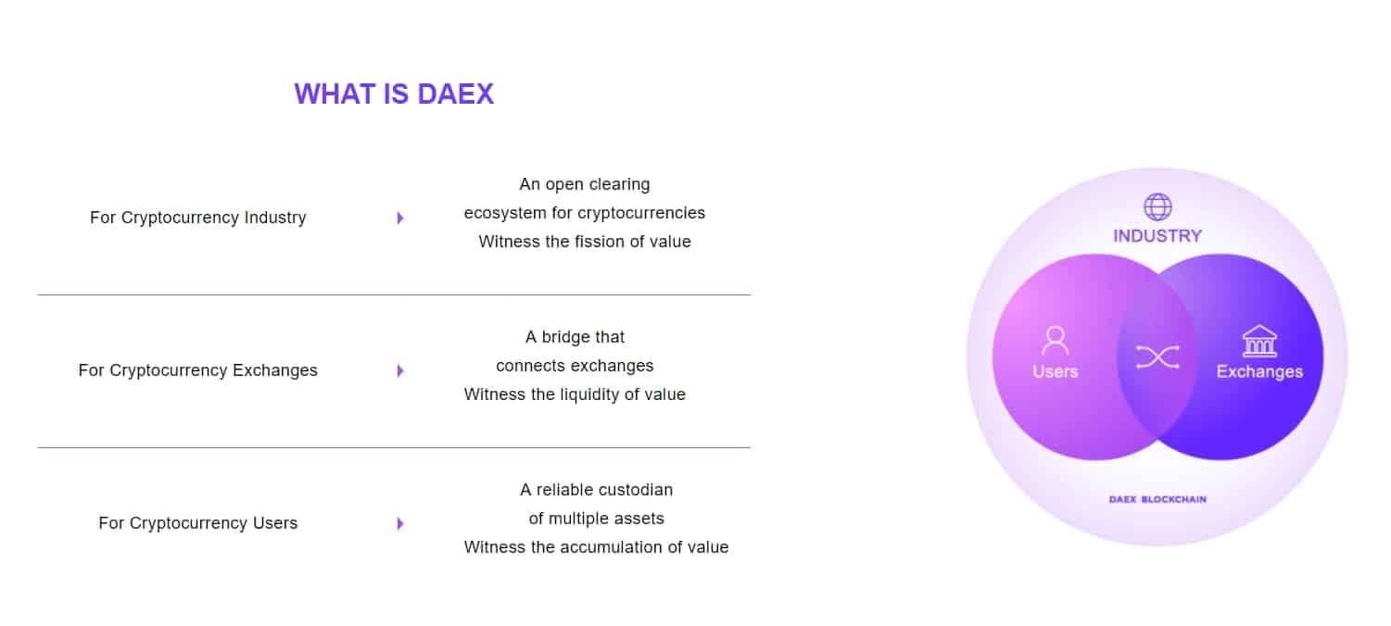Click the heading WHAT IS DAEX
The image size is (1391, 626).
[394, 94]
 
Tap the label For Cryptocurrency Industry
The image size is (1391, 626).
[198, 217]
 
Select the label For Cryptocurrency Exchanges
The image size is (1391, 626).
[198, 369]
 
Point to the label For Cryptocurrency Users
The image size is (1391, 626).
[198, 523]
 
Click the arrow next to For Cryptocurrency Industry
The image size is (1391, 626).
[400, 218]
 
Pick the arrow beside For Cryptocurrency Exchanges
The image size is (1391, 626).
[400, 370]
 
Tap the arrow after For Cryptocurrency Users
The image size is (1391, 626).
[400, 523]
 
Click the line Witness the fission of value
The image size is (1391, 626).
[585, 242]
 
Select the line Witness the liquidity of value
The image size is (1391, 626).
[575, 394]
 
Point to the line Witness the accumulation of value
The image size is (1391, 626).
[596, 546]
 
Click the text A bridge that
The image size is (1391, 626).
[575, 337]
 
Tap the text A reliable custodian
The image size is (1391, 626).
[596, 490]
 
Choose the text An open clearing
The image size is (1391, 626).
[585, 184]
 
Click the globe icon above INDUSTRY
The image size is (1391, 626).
[1157, 207]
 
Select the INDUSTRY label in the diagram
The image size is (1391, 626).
[1157, 236]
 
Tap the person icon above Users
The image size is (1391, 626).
[1055, 341]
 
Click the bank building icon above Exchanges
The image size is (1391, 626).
[1259, 341]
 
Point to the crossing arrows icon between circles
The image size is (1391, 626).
[1157, 357]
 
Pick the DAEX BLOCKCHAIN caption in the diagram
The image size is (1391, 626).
[1157, 499]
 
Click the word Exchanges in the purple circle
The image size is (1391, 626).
[1259, 371]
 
